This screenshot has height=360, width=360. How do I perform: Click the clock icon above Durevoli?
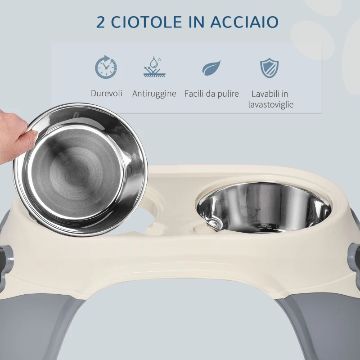tap(106, 67)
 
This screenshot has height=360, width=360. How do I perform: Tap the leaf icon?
tap(211, 67)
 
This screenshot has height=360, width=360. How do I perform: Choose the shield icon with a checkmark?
tap(270, 67)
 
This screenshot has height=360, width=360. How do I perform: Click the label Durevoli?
tap(107, 94)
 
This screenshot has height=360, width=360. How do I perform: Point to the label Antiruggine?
tap(154, 94)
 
